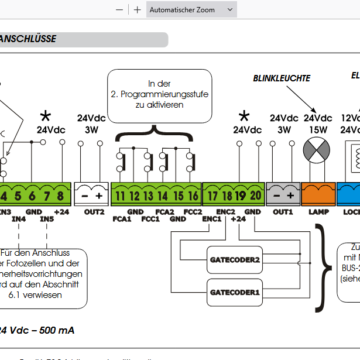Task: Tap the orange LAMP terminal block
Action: point(318,193)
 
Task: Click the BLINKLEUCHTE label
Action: point(282,78)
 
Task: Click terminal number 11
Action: point(120,196)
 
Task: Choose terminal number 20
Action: point(255,196)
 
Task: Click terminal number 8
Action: point(60,196)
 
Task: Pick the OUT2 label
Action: point(94,211)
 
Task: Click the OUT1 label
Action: point(283,211)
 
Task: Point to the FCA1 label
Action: point(121,219)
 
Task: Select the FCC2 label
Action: point(192,211)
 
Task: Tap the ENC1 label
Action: point(211,219)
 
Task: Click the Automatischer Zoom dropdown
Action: point(191,10)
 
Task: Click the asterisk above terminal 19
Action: point(244,116)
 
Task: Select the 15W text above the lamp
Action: point(318,129)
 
